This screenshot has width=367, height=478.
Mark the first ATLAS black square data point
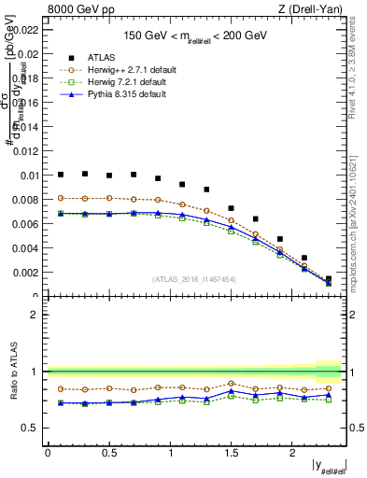61,174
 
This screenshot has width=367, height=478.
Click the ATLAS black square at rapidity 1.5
231,208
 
